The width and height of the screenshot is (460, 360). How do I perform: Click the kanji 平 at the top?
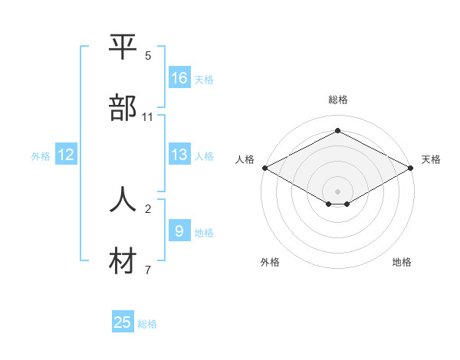(x=123, y=47)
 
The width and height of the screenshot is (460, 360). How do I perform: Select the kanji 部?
(x=123, y=108)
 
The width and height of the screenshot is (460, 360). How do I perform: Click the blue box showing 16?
(x=179, y=78)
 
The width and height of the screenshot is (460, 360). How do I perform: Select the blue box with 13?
(x=179, y=155)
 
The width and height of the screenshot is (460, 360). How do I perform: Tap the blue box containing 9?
(x=179, y=231)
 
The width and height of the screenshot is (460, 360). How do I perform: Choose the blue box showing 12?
(x=66, y=155)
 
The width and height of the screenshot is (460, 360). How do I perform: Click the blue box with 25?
(x=123, y=322)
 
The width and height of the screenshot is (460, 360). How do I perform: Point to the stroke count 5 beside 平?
(x=148, y=56)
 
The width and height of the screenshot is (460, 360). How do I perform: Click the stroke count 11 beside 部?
(x=148, y=117)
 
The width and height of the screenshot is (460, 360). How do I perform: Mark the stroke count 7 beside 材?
(x=148, y=270)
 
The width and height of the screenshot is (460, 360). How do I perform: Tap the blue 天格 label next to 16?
(x=203, y=79)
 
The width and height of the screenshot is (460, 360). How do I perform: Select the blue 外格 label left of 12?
(x=41, y=155)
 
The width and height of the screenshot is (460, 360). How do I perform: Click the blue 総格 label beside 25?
(x=147, y=323)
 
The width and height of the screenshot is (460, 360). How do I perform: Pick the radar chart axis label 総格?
(x=338, y=100)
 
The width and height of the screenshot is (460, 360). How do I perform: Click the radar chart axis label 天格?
(x=432, y=159)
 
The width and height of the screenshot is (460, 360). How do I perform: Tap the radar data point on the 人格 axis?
(x=264, y=168)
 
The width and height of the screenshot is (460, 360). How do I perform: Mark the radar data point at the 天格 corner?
(x=412, y=168)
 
